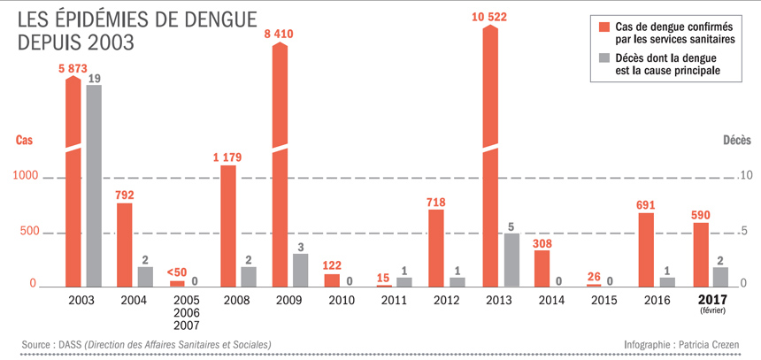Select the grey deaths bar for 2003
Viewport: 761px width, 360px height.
tap(94, 186)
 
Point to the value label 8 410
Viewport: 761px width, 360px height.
tap(280, 35)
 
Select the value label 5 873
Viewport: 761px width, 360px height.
tap(74, 70)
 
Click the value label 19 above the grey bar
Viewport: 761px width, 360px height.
tap(94, 78)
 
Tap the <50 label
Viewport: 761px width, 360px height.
tap(177, 272)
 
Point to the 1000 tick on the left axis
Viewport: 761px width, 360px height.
tap(27, 177)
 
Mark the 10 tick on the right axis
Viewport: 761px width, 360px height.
tap(747, 175)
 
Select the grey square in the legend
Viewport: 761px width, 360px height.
tap(605, 58)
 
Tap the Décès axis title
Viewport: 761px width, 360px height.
tap(737, 140)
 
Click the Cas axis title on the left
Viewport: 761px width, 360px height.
tap(25, 140)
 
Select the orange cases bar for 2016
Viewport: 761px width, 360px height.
tap(646, 249)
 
